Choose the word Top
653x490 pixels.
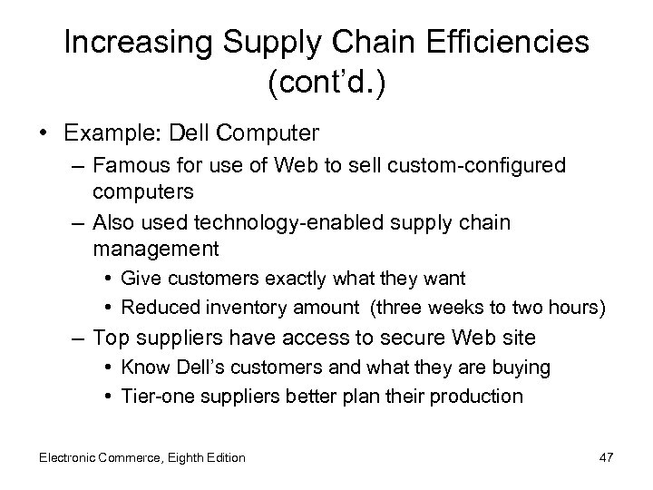point(110,338)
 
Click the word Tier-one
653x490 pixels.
point(151,396)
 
